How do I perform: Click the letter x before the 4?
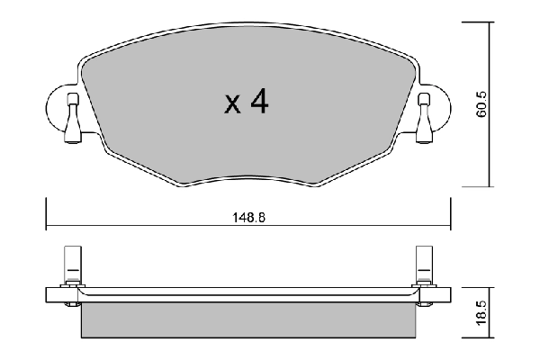232,106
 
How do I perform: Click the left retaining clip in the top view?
71,120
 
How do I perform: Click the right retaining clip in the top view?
425,120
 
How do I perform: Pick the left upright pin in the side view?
71,266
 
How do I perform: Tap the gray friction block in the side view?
247,319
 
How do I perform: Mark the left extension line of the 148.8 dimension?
46,216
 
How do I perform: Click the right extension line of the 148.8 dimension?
449,216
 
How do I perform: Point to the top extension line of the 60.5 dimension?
477,20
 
